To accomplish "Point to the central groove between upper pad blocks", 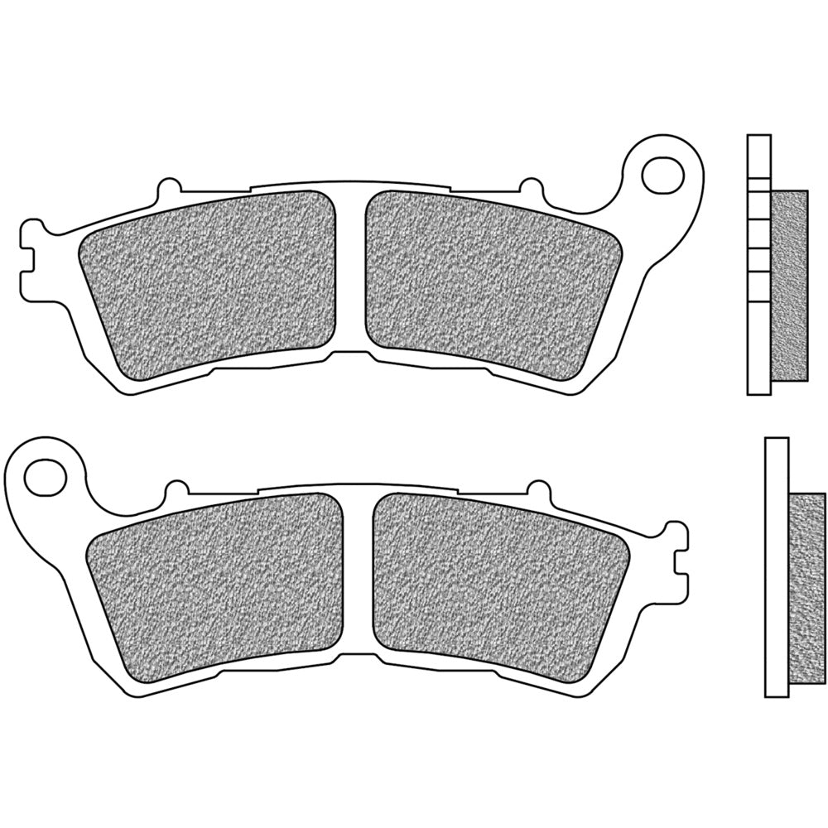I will [351, 265].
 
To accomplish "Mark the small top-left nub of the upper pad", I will [169, 184].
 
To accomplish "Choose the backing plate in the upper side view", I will [758, 265].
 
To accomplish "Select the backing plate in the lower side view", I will [776, 567].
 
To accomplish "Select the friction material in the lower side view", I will [808, 588].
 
